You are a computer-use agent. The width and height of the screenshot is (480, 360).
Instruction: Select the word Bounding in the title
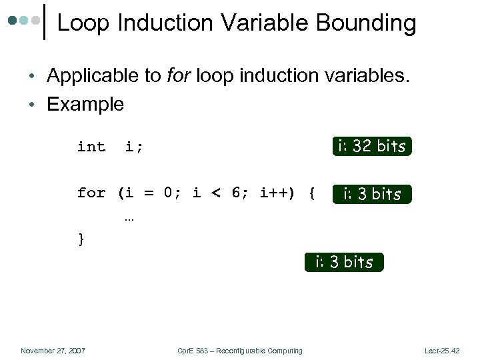point(366,23)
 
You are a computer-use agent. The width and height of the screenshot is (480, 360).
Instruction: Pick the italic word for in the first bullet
point(177,76)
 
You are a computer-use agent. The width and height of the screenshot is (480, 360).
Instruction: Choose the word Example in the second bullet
point(85,104)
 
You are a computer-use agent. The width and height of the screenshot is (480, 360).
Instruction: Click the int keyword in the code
point(91,147)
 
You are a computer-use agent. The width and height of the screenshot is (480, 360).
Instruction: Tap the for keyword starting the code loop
point(91,193)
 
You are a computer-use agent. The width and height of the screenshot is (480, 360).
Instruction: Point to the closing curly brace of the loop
point(81,239)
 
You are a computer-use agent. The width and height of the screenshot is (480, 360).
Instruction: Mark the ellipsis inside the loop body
point(129,217)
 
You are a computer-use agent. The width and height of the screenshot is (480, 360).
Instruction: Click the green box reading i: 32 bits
point(372,146)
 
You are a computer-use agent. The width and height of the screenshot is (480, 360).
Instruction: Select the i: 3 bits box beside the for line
point(372,194)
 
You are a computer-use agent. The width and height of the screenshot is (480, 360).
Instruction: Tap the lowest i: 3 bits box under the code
point(344,262)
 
